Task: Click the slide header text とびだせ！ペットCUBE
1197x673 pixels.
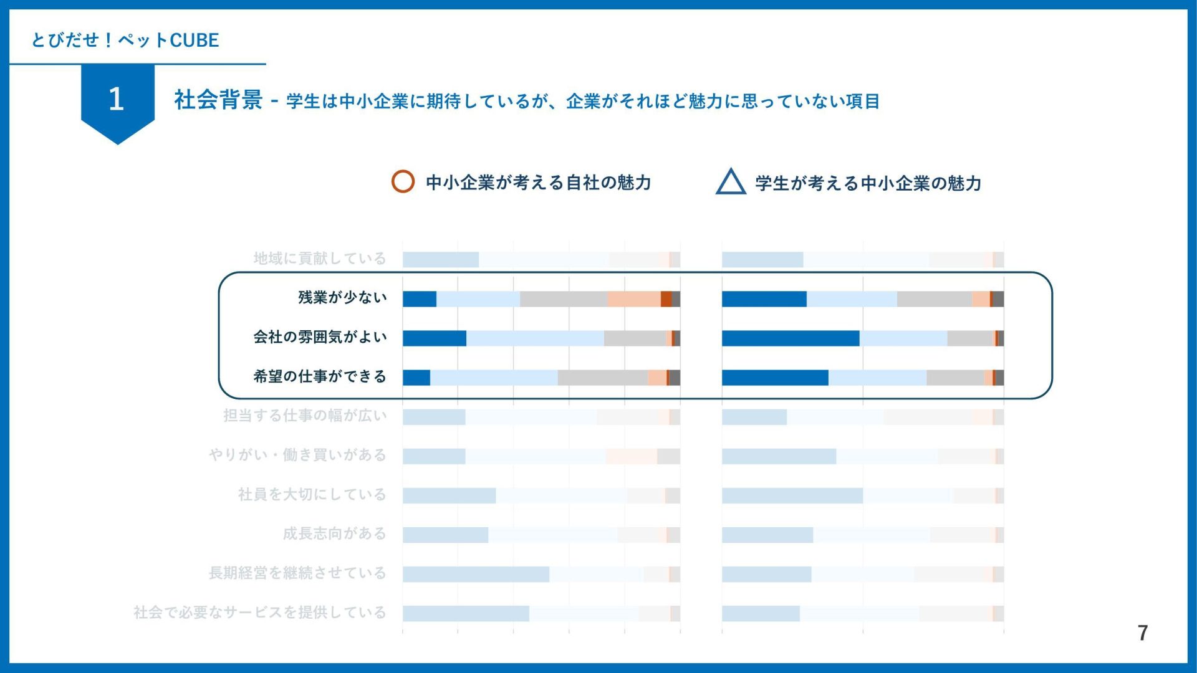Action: [125, 41]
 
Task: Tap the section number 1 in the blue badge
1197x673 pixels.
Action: [117, 99]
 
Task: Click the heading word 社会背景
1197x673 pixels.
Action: [218, 100]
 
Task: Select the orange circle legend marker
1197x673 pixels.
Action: [403, 181]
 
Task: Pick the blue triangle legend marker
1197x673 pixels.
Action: [731, 182]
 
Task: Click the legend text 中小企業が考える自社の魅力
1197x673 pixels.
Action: [538, 183]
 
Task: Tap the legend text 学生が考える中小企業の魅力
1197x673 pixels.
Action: [868, 183]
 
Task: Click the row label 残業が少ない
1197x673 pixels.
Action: [342, 298]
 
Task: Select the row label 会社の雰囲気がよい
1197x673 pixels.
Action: [320, 337]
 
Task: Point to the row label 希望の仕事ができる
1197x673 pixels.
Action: [320, 376]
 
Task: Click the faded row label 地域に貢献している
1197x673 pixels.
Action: [320, 259]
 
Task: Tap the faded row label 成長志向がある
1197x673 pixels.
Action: [335, 533]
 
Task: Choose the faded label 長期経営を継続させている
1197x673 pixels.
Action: [297, 573]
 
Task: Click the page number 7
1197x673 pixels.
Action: [1142, 633]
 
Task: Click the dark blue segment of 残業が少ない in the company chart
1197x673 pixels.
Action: [420, 299]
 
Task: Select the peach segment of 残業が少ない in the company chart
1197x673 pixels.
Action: [633, 299]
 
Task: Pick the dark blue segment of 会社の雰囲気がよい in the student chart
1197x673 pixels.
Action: [791, 338]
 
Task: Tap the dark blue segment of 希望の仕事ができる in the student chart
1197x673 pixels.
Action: [775, 378]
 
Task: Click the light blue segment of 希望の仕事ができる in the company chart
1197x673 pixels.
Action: [494, 378]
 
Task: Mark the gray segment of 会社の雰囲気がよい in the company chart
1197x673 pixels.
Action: [635, 338]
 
